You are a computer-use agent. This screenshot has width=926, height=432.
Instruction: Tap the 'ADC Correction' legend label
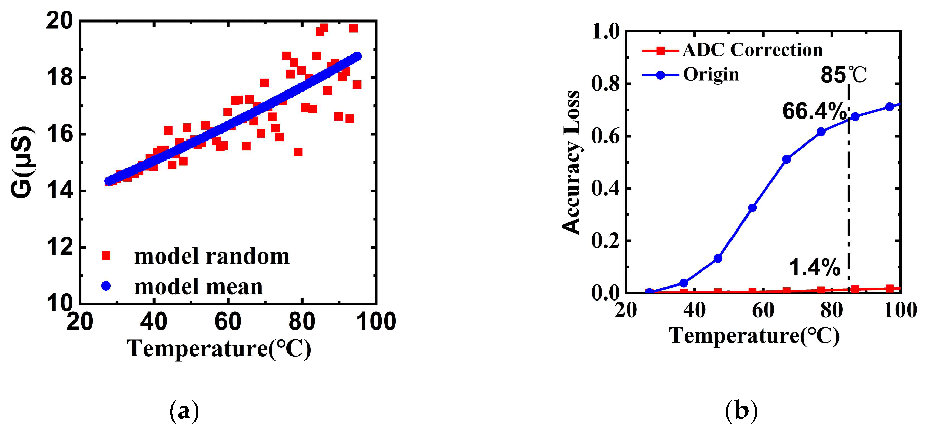pyautogui.click(x=752, y=50)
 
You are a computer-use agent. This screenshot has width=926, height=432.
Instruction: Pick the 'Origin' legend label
pyautogui.click(x=711, y=75)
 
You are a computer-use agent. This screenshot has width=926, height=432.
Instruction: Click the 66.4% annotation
pyautogui.click(x=814, y=111)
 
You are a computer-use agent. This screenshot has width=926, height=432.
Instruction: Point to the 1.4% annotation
pyautogui.click(x=814, y=267)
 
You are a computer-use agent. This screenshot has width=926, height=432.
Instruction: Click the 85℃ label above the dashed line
pyautogui.click(x=843, y=75)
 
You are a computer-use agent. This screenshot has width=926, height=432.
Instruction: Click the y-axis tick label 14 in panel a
pyautogui.click(x=60, y=191)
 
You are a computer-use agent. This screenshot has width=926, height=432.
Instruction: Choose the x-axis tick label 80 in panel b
pyautogui.click(x=831, y=310)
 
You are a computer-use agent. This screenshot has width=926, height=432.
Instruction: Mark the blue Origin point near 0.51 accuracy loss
pyautogui.click(x=787, y=159)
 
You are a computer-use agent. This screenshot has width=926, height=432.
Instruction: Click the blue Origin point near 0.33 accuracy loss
pyautogui.click(x=752, y=208)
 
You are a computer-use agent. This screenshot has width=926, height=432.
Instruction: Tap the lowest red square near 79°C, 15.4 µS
pyautogui.click(x=298, y=152)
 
